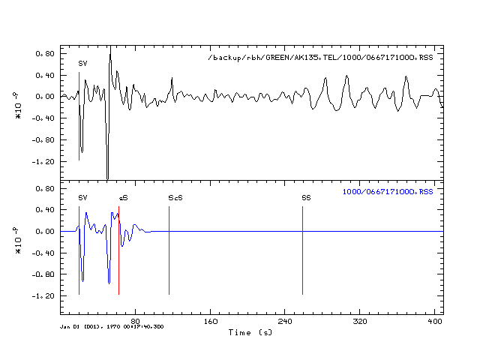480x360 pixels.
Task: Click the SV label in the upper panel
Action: (82, 64)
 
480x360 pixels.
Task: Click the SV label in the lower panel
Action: (82, 197)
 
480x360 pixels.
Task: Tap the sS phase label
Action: (123, 197)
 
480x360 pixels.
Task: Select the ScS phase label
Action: (175, 197)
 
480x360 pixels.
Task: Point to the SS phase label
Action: (306, 197)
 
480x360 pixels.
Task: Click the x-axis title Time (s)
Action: (250, 331)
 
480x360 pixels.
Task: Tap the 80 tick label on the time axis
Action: (135, 322)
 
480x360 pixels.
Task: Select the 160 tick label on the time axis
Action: (211, 322)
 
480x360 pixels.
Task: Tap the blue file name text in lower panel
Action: (388, 192)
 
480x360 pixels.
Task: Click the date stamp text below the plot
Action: (112, 326)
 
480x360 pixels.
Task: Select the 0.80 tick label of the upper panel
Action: (47, 54)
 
